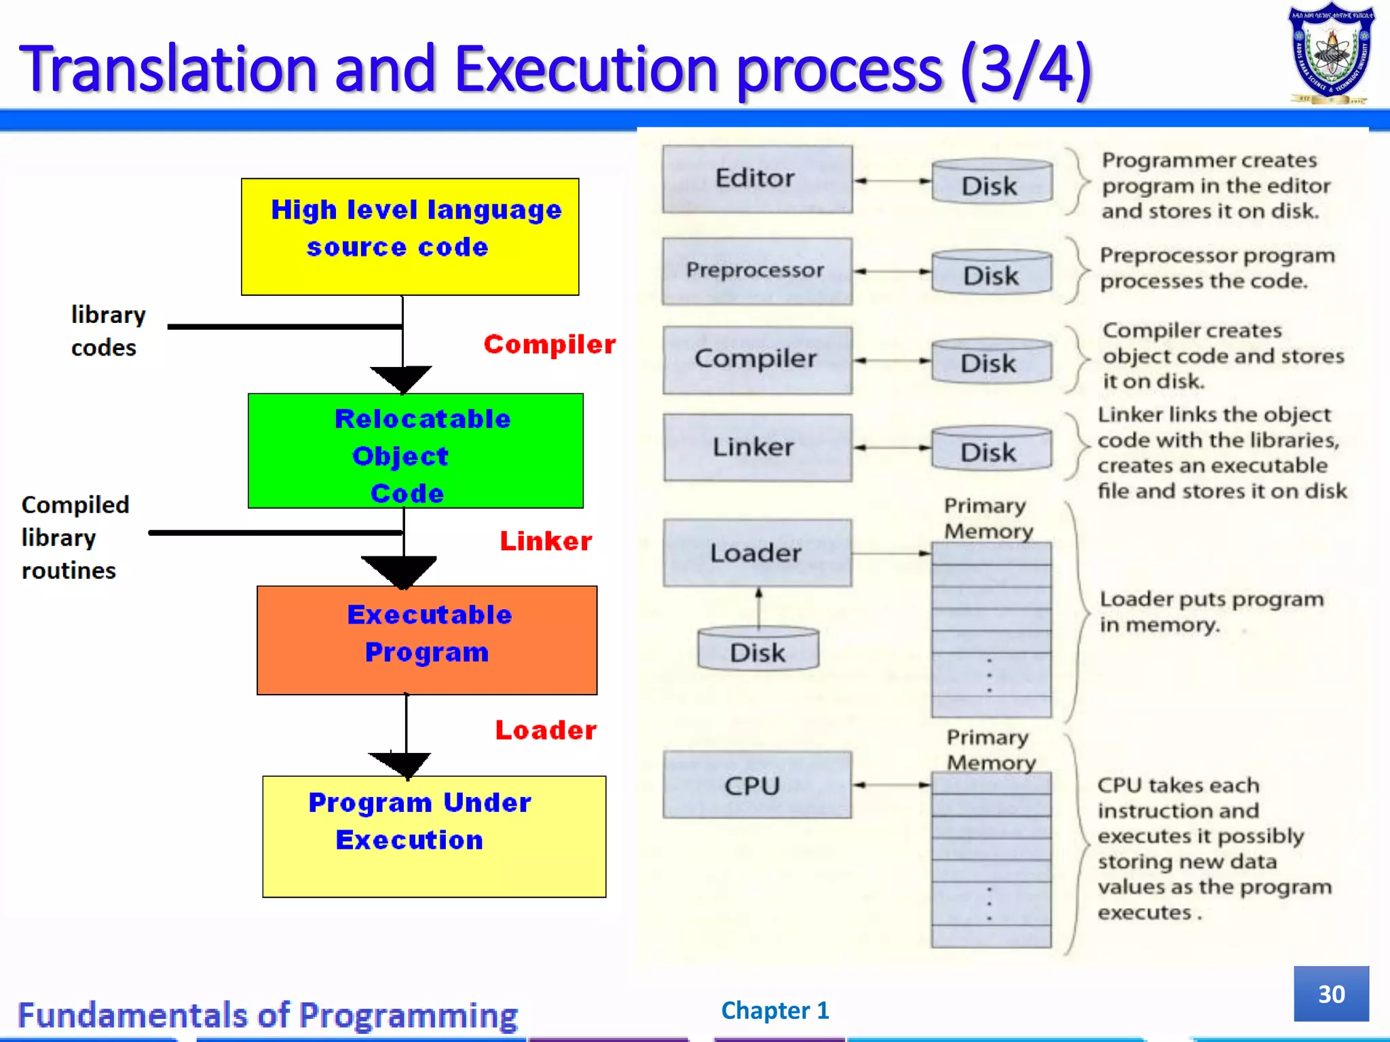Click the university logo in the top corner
[1331, 53]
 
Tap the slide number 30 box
[1330, 993]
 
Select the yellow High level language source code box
[410, 237]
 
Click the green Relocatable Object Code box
[415, 451]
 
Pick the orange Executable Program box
[427, 640]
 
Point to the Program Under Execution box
[434, 836]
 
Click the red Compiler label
[549, 345]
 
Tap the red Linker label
[546, 541]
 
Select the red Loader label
[546, 731]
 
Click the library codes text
[107, 331]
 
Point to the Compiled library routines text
[75, 537]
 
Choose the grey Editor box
[757, 179]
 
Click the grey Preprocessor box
[757, 271]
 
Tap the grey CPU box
[757, 785]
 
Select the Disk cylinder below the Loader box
[757, 650]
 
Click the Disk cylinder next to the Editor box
[991, 182]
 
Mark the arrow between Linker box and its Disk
[892, 448]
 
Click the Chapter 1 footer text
[774, 1010]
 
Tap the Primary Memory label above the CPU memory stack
[990, 750]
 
